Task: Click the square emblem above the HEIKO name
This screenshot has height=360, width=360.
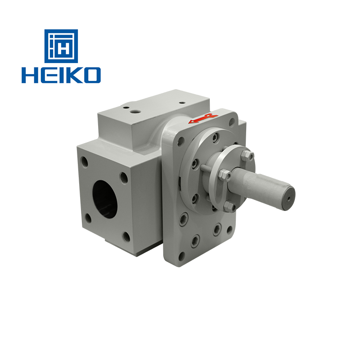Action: click(x=61, y=46)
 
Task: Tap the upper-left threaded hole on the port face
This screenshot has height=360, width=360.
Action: click(x=85, y=162)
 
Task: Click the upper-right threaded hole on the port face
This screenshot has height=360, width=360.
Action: click(x=124, y=178)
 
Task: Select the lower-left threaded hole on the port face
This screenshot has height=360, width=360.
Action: click(x=88, y=218)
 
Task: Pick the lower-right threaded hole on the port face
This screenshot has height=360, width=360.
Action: click(x=126, y=237)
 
